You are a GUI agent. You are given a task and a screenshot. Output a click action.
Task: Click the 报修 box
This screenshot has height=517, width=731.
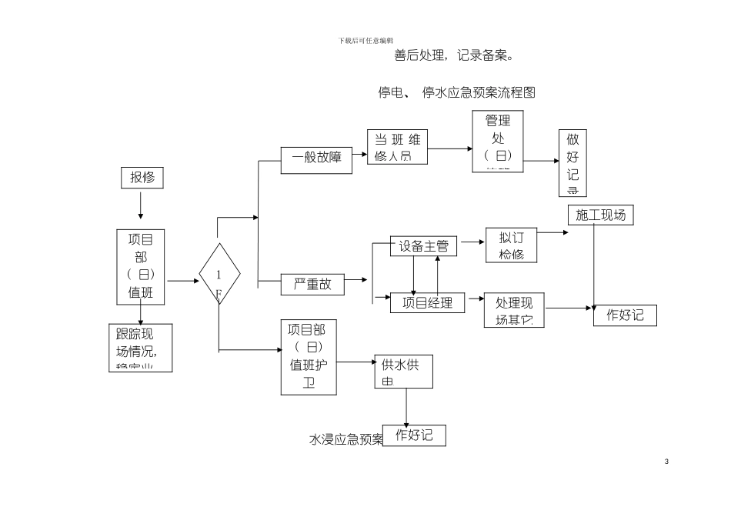142,178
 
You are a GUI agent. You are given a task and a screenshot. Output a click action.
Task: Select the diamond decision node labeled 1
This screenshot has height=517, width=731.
219,274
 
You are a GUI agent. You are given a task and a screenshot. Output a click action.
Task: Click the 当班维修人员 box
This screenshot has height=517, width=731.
397,147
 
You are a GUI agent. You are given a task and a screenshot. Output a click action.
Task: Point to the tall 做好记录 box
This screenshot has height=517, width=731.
572,162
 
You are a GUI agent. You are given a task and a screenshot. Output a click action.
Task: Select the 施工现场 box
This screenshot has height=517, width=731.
600,215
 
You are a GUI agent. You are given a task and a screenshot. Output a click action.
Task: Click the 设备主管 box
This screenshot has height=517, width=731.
423,246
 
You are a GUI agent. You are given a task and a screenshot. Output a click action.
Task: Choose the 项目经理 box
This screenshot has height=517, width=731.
427,302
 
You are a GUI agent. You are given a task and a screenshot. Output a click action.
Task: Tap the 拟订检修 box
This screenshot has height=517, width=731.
512,245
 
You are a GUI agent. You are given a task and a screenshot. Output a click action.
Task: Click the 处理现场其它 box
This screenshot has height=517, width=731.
514,309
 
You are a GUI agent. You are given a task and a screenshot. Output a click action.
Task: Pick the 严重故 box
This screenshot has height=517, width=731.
312,284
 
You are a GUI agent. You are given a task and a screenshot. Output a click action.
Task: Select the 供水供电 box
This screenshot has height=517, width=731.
403,372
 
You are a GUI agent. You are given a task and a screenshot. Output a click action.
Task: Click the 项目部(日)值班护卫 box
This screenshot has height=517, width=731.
309,357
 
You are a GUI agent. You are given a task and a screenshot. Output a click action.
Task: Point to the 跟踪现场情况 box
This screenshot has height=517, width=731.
140,347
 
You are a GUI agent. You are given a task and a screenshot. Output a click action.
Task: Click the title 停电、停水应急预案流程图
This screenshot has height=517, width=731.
456,93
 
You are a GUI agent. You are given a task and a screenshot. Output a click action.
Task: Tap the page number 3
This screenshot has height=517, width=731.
666,462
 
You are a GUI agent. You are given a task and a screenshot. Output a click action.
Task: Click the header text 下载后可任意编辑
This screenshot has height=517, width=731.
365,40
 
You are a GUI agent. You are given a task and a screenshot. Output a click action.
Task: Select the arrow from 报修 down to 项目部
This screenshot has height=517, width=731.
141,206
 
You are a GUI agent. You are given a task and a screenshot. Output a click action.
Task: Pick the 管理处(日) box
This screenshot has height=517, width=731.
498,140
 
